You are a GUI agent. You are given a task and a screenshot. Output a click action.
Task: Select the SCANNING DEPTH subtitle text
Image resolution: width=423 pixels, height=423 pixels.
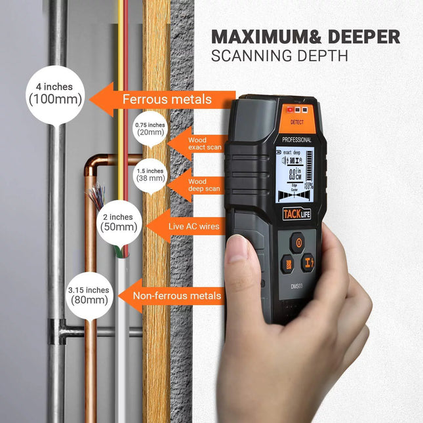[279, 56]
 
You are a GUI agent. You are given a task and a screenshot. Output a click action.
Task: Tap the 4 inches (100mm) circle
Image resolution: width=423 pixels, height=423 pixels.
[55, 94]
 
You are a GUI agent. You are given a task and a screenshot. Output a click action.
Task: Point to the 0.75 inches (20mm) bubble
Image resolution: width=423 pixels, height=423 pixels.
[150, 129]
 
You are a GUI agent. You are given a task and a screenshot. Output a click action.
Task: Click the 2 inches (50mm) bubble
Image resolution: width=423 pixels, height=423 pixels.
[118, 222]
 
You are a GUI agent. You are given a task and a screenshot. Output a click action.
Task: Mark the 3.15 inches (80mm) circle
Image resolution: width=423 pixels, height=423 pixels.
[89, 295]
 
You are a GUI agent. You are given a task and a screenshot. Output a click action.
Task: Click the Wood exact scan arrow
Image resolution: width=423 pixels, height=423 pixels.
[195, 144]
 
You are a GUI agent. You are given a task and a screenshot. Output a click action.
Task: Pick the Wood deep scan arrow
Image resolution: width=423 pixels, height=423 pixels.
[195, 186]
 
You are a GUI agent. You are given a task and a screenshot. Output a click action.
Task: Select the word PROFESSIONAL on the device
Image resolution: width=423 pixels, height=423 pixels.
[296, 140]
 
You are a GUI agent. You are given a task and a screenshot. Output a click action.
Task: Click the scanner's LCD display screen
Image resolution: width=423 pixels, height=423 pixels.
[296, 176]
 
